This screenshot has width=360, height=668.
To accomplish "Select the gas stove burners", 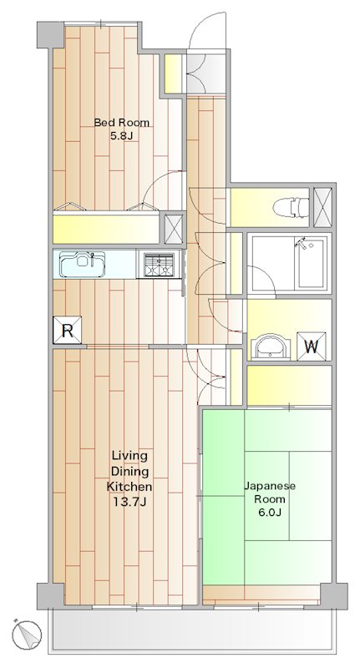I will pos(158,265).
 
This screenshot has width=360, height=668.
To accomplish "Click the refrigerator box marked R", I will pos(66,331).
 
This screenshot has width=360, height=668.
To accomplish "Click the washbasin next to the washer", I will pos(271,345).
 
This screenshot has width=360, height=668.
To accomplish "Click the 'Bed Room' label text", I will pos(122,123).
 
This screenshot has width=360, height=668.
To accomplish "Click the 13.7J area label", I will pos(129,501).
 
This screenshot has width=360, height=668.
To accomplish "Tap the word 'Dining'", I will pos(129,471).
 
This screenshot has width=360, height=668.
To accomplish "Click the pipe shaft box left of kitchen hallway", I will pos(173,227).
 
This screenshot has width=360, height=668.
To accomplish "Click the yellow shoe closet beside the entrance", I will pos(171,74).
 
